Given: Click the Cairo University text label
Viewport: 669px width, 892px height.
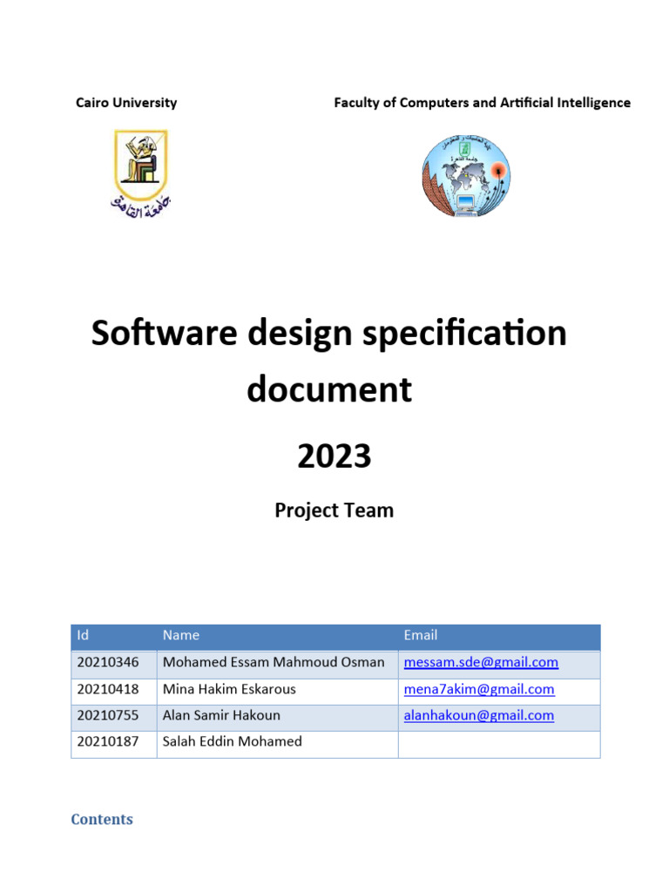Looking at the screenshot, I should pos(126,103).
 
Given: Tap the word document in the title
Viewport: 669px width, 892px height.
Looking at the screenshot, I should pos(329,389).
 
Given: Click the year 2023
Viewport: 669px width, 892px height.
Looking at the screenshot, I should pos(334,456).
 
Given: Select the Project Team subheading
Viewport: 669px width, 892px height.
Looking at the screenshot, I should pos(334,510).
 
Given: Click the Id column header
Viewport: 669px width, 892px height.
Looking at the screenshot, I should pos(84,636).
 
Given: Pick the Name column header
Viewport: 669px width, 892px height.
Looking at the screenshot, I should pos(181,636).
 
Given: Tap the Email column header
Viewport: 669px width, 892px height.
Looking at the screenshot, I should pos(421,636).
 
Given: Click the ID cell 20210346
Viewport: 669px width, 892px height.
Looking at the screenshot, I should pos(108,663).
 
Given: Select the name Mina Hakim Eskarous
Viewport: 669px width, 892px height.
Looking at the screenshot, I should pos(229,690).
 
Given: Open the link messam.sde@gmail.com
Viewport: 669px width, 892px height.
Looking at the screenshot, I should pos(481,663).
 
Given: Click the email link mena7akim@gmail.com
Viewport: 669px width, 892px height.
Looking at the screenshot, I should pos(479,690).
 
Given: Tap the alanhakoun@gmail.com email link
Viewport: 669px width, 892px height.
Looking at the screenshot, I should pos(479,716).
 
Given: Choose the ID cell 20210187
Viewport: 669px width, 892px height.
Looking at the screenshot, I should pos(108,742).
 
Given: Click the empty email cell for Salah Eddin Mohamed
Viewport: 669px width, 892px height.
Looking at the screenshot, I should pos(498,743).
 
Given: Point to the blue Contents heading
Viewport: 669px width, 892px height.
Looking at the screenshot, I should pos(102,820).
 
